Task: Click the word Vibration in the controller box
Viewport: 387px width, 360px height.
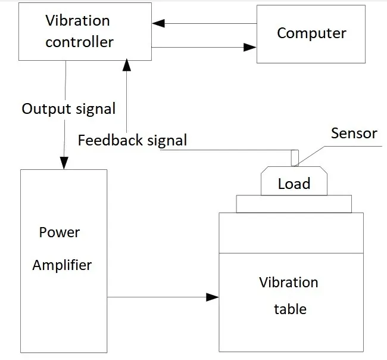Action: coord(77,21)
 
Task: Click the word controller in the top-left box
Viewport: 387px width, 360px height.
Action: coord(79,42)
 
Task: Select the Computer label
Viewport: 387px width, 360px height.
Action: coord(311,32)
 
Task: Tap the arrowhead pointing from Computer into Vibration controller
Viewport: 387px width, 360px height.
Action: coord(158,24)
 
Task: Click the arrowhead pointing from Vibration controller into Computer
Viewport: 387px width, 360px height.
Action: coord(250,47)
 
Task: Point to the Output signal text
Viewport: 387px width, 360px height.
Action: coord(68,109)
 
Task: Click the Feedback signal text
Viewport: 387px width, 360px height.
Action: coord(132,141)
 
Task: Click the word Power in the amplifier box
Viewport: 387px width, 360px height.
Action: coord(59,232)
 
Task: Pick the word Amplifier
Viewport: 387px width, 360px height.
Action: coord(62,265)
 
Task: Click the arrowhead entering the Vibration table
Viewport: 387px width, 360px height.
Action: coord(213,296)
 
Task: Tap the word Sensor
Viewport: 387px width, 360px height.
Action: coord(354,133)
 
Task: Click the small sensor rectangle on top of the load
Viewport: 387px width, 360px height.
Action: coord(294,157)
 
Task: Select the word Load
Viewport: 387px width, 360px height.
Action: coord(294,184)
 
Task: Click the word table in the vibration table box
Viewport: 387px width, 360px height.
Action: coord(290,309)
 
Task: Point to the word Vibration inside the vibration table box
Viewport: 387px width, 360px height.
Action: coord(289,282)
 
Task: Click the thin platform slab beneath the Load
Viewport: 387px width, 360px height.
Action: coord(294,204)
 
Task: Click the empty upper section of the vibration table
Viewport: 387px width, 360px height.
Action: coord(291,233)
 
